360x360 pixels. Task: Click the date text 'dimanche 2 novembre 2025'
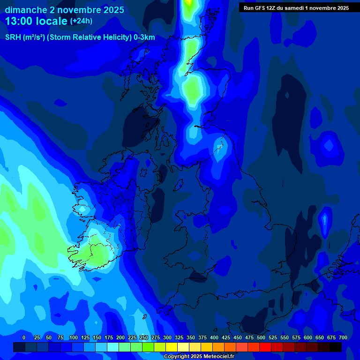[65, 10]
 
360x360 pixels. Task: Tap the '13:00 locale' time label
[37, 21]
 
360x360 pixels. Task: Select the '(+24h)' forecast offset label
[81, 21]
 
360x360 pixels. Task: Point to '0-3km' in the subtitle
[144, 38]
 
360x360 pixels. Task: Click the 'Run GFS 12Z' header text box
[296, 7]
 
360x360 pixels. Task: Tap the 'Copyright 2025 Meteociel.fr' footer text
[199, 356]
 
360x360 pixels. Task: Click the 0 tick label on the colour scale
[24, 337]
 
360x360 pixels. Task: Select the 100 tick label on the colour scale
[74, 337]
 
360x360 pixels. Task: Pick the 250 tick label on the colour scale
[144, 337]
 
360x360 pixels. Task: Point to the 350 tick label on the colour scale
[191, 337]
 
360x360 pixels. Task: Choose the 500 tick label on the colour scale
[261, 337]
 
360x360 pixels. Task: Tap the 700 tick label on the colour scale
[343, 337]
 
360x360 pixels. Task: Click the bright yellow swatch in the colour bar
[172, 347]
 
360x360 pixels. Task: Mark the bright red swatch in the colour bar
[265, 347]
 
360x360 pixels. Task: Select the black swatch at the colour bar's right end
[336, 347]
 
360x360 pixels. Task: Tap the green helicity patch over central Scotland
[193, 89]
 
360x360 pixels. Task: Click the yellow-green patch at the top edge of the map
[188, 6]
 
